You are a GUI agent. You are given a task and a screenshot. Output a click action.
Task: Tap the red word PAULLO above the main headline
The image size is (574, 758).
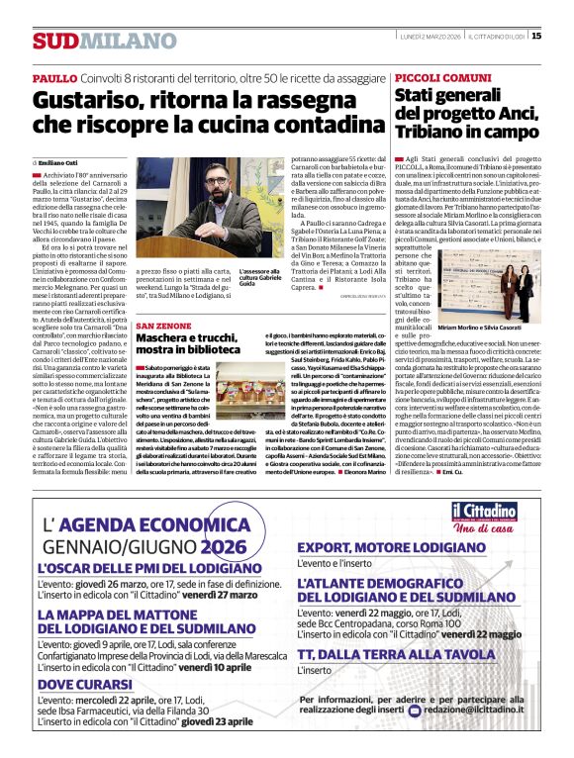click(x=53, y=77)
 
